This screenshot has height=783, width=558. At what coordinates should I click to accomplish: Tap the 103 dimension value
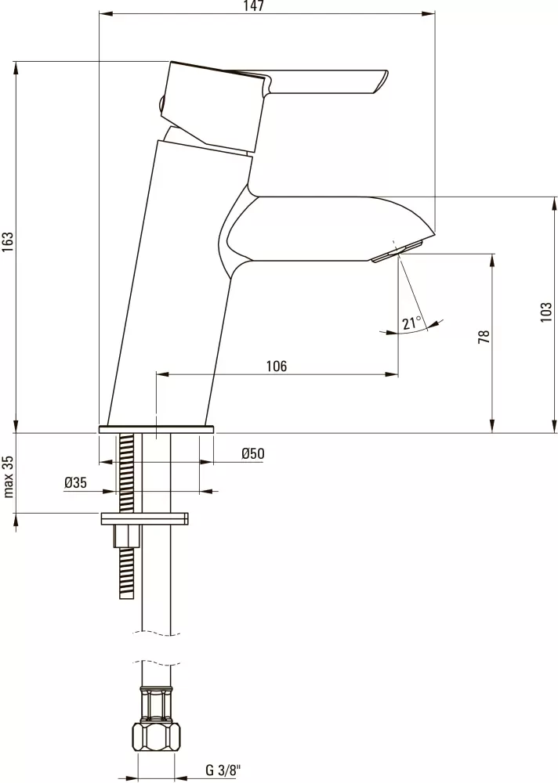[x=546, y=312]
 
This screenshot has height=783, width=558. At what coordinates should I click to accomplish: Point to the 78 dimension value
[x=484, y=337]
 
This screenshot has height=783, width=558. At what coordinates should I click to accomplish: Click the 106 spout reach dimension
[x=276, y=366]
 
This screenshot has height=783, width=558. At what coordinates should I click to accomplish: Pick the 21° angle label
[x=411, y=323]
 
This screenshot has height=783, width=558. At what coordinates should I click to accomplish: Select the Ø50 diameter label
[x=253, y=453]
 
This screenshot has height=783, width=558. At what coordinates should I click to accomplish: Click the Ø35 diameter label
[x=75, y=483]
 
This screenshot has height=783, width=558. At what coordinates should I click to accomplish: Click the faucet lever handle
[x=329, y=81]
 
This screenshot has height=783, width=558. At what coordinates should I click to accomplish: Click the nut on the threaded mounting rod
[x=127, y=536]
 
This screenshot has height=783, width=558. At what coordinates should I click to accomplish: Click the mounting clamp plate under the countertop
[x=145, y=518]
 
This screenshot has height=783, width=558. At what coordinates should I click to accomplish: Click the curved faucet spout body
[x=321, y=227]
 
